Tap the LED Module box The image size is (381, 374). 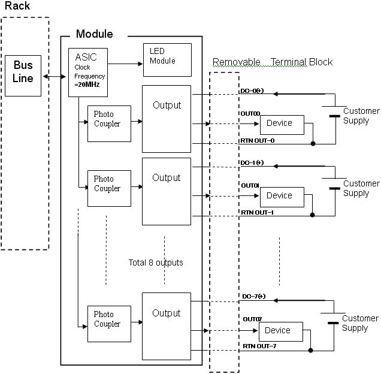coord(167,59)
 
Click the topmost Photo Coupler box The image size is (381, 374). coord(109,123)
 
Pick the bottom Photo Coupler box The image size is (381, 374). coord(109,324)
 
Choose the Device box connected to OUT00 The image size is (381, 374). coord(282,123)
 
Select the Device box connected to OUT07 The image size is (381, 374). coord(280,331)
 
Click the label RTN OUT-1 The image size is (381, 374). coord(258,212)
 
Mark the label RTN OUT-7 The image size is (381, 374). coord(259,346)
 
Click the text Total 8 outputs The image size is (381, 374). coord(156,263)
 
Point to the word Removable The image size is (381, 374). coord(236,62)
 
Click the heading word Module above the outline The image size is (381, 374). coord(95,34)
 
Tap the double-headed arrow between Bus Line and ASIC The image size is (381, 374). coord(55,77)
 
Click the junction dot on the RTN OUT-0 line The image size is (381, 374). coord(313,144)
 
